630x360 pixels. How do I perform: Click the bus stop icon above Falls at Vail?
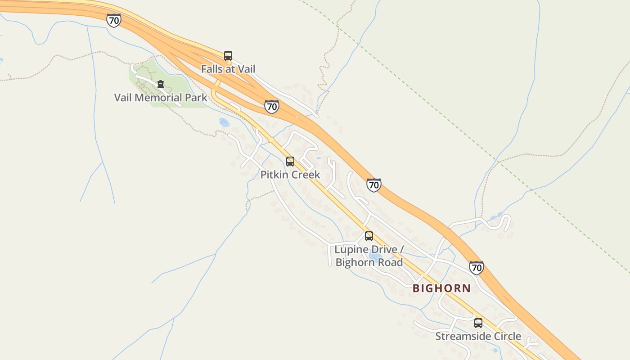pos(228,56)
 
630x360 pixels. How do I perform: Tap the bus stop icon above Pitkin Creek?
pos(290,162)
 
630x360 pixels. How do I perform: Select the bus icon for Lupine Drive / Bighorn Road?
pos(369,236)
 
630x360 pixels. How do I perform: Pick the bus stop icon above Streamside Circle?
pos(478,323)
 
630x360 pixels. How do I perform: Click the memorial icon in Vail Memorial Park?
pos(161,84)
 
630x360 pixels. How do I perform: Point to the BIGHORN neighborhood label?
pos(441,288)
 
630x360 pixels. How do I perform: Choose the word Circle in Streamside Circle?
pos(506,336)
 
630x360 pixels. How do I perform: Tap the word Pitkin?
pos(275,175)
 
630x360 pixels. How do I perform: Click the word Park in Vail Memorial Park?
pos(196,98)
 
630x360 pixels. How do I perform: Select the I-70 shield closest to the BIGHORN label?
pos(476,268)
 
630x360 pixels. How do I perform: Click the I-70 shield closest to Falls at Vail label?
pos(271,107)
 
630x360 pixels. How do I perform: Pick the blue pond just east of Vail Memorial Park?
pos(224,122)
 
